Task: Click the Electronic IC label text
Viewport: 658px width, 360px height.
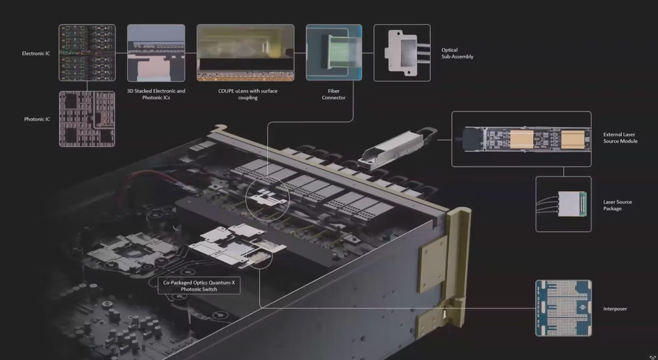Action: point(36,53)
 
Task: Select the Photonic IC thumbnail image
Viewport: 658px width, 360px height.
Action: point(87,119)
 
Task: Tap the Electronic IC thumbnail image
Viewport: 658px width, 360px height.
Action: point(87,52)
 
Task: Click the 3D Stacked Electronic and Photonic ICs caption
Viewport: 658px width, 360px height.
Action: point(156,94)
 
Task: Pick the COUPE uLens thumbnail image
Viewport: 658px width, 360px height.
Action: point(246,52)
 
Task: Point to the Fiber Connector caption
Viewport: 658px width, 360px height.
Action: point(334,94)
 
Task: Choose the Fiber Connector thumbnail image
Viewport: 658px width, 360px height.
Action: point(334,52)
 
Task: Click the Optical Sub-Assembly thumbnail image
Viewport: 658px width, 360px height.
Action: point(402,52)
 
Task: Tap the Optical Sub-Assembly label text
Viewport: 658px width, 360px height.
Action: point(458,53)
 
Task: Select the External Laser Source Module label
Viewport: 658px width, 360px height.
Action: point(620,138)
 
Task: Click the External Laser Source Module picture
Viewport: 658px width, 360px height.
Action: point(521,139)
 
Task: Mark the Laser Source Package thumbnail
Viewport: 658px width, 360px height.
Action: point(564,204)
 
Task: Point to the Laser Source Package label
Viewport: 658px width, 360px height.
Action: point(617,205)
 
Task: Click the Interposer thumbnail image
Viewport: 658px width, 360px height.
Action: point(564,308)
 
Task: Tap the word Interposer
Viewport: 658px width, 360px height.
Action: point(615,309)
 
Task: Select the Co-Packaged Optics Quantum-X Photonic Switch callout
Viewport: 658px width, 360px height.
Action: point(199,286)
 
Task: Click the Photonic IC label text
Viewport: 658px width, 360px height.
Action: point(37,119)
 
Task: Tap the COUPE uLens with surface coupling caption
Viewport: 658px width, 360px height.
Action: point(247,94)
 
